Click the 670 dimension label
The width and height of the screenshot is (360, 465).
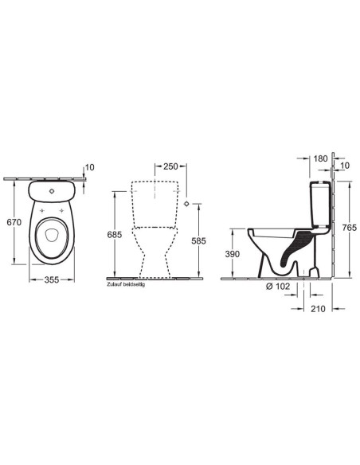point(14,222)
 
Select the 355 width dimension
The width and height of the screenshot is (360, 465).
point(52,279)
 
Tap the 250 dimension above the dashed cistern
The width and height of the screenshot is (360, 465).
point(170,166)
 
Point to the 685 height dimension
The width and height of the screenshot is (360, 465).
point(115,235)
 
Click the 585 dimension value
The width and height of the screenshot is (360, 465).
point(198,240)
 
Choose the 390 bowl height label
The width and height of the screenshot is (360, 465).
point(233,254)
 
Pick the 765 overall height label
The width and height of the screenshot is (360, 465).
point(350,228)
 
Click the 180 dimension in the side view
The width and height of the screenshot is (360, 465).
point(320,158)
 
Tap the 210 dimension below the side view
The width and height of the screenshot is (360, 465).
point(318,309)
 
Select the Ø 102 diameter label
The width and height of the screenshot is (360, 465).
point(277,287)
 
